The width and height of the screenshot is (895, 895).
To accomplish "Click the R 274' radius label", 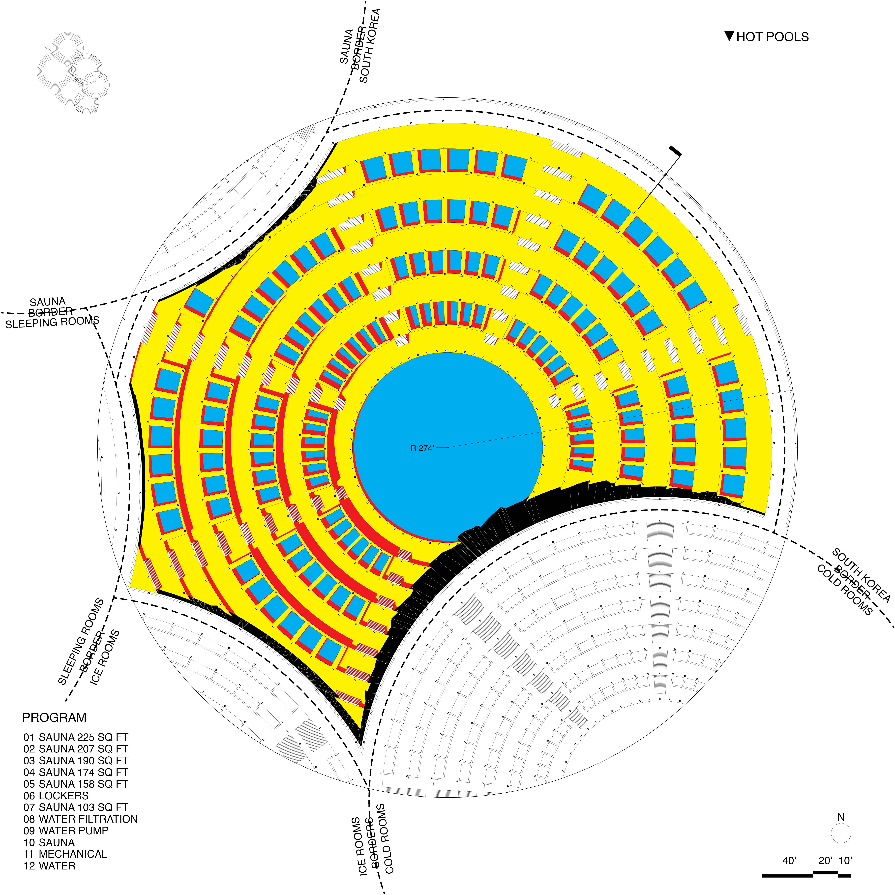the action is [x=422, y=448].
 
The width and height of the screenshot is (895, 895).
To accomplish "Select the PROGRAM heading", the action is [x=54, y=718].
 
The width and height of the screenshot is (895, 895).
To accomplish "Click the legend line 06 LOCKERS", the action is [x=56, y=796].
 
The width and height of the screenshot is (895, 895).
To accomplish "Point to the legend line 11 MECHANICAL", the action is [x=65, y=854].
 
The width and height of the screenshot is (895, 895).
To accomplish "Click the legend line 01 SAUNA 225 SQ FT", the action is [x=76, y=738].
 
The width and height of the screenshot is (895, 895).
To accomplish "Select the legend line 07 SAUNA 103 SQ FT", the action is [x=76, y=807].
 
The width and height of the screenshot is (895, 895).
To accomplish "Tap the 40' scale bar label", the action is [x=789, y=861].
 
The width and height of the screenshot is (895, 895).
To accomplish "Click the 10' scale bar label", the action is [x=845, y=861].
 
